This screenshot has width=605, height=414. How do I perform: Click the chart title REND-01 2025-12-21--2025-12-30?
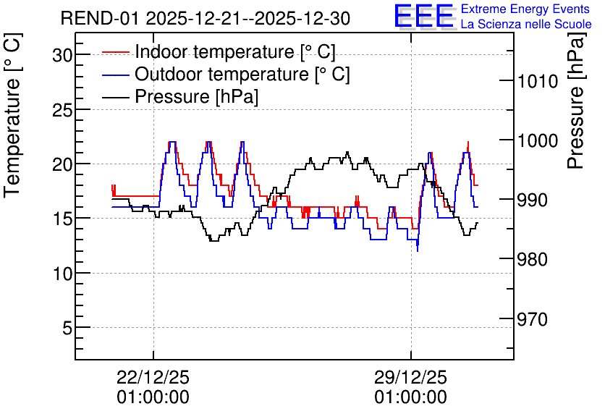[x=206, y=19]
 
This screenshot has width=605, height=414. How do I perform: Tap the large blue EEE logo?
[x=424, y=16]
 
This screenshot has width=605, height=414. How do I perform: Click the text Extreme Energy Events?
[x=525, y=9]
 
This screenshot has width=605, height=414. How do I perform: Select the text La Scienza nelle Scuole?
[x=526, y=24]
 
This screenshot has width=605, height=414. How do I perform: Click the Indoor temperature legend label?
[x=235, y=51]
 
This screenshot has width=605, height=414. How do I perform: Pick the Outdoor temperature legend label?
[x=242, y=74]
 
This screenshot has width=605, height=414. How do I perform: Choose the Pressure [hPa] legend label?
[x=196, y=96]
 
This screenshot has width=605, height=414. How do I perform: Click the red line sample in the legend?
[x=115, y=52]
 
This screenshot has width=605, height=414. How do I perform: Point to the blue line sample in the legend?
[x=115, y=75]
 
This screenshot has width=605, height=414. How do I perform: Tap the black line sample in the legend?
[x=115, y=97]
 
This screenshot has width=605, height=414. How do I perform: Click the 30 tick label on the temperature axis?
[x=62, y=56]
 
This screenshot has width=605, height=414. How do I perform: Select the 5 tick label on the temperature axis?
[x=67, y=329]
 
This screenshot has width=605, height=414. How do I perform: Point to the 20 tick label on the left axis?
[x=62, y=165]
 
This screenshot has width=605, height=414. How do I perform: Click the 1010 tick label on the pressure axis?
[x=538, y=81]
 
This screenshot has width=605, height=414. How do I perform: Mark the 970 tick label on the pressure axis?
[x=533, y=319]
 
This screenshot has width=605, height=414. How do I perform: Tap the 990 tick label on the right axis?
[x=533, y=200]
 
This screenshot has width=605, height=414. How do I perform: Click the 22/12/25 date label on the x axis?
[x=153, y=378]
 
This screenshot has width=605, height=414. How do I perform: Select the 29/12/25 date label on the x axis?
[x=410, y=378]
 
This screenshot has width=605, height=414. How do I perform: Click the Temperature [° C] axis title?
[x=13, y=116]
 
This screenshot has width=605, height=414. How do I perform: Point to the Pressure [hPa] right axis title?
[x=576, y=101]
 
